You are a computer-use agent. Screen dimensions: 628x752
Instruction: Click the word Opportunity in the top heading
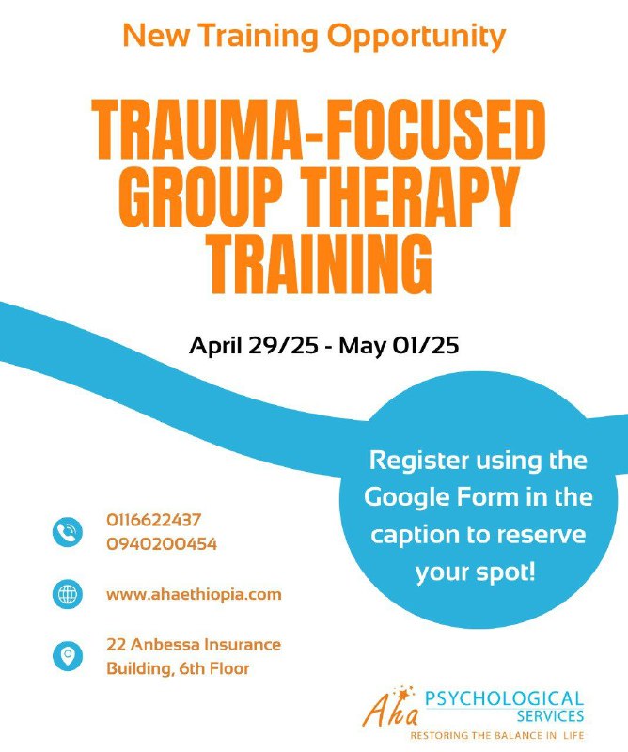pos(416,37)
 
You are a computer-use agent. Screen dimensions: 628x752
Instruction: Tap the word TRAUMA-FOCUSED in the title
pos(319,130)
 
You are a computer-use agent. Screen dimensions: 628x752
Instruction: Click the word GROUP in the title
pos(198,196)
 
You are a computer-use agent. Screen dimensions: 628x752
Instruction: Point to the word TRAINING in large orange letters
pos(321,263)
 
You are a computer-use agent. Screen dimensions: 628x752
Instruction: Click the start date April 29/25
pos(254,345)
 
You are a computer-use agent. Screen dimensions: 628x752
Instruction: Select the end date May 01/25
pos(399,345)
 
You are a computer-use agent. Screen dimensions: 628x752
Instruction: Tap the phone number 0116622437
pos(154,520)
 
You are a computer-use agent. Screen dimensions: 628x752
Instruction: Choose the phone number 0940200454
pos(162,544)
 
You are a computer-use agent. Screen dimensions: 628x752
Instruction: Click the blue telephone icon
pos(67,532)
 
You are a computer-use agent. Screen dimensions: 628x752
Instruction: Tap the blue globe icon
pos(67,595)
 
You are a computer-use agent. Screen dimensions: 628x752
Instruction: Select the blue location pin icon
pos(67,656)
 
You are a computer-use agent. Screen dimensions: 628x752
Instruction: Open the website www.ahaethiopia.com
pos(194,595)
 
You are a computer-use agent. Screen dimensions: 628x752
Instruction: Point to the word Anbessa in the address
pos(165,644)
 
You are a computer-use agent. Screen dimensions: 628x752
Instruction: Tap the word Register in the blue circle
pos(419,462)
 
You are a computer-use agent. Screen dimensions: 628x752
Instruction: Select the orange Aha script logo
pos(390,707)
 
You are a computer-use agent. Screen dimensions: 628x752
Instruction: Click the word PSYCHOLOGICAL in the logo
pos(504,698)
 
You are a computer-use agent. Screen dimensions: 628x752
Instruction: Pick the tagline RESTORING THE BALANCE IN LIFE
pos(497,735)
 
